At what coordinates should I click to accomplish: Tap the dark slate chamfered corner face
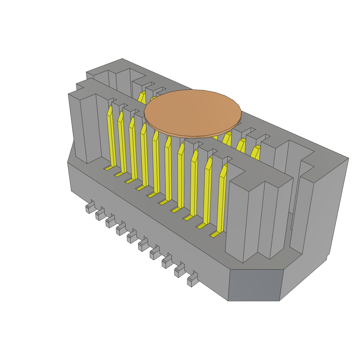pyautogui.click(x=254, y=285)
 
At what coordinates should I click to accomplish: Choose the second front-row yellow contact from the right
pyautogui.click(x=207, y=192)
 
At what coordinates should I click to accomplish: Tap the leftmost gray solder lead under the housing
pyautogui.click(x=90, y=208)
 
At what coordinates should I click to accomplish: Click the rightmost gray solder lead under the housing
pyautogui.click(x=192, y=280)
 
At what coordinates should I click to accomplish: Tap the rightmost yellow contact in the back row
pyautogui.click(x=255, y=152)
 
